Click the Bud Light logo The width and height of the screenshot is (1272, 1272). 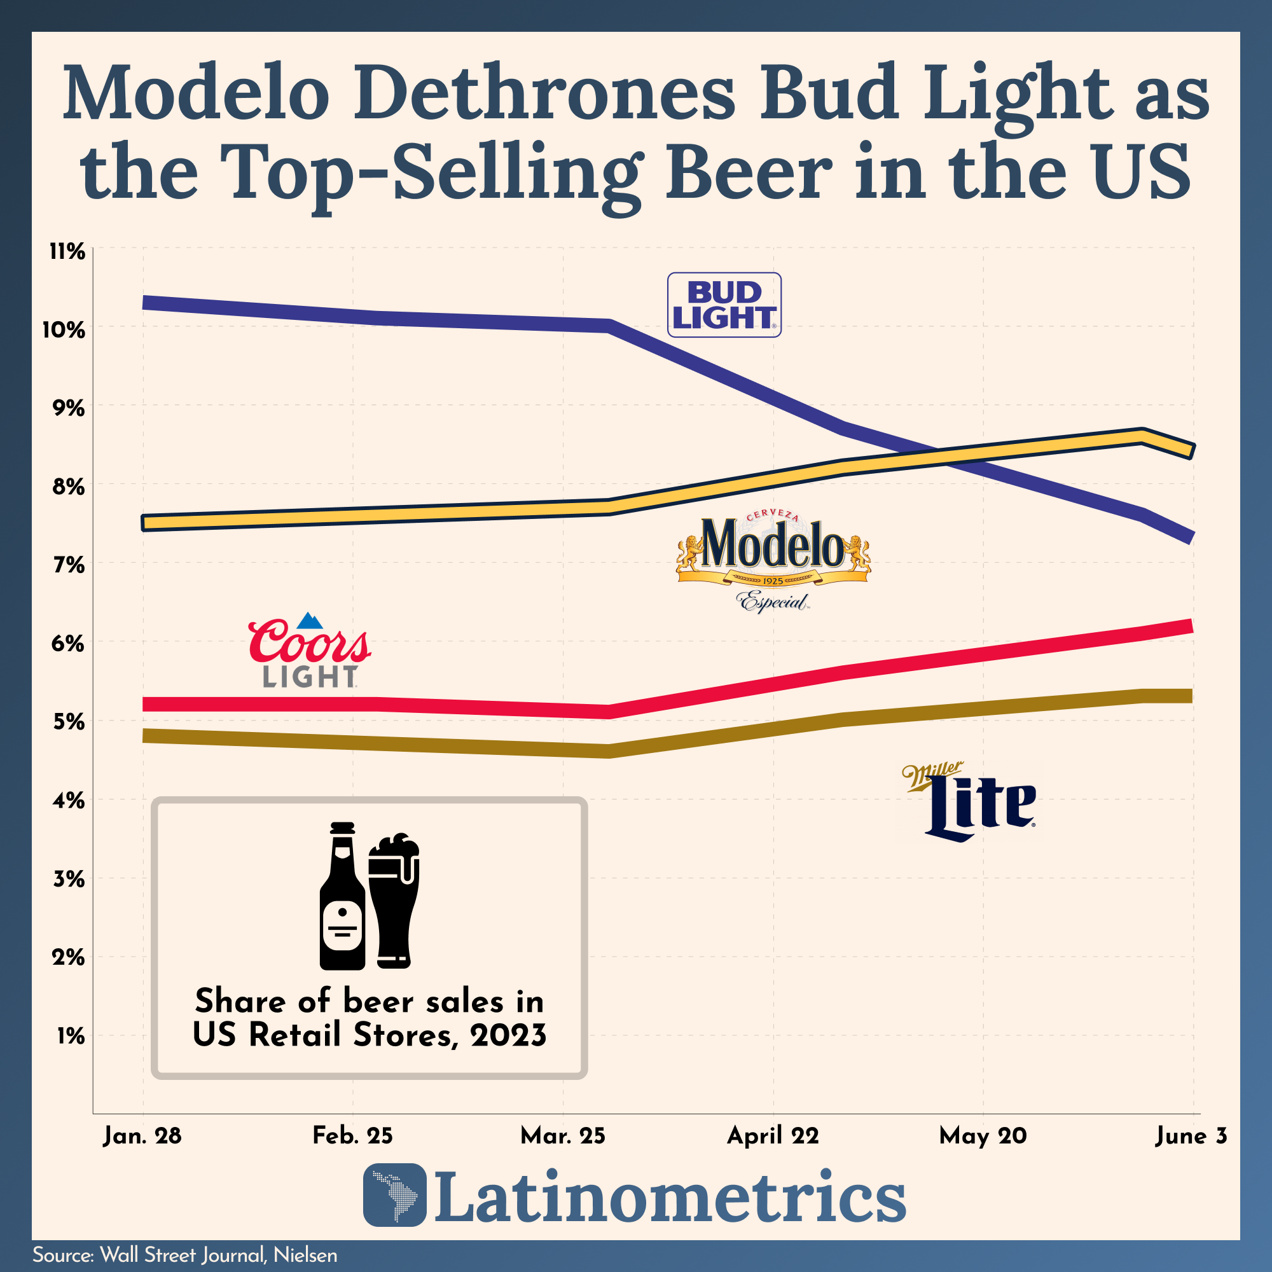[724, 305]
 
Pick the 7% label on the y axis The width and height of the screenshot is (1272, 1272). [68, 565]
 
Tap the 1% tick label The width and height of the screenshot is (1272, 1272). [71, 1036]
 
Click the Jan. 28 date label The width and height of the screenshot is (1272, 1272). [142, 1136]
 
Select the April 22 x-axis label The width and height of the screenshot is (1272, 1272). [772, 1136]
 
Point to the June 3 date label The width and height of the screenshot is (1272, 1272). [1191, 1136]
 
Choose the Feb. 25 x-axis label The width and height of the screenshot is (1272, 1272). [352, 1136]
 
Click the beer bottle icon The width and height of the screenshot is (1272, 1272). [342, 896]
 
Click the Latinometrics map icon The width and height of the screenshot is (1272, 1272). [394, 1194]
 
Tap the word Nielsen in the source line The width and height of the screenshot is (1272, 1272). [305, 1255]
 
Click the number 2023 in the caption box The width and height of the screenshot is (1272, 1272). [508, 1035]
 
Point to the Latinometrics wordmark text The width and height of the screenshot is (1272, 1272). [670, 1196]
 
